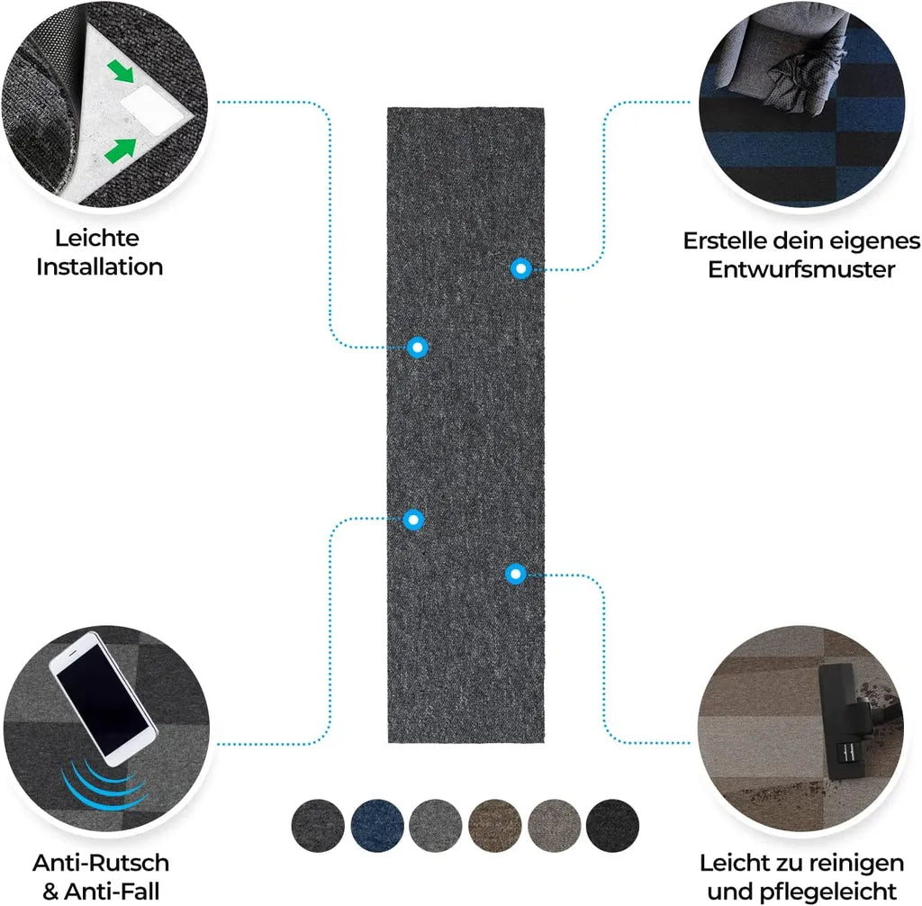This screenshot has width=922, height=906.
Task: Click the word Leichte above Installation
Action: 97,239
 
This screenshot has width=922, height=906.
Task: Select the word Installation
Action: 99,267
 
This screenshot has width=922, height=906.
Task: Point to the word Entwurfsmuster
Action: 801,269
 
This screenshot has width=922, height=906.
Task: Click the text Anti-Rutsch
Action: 101,863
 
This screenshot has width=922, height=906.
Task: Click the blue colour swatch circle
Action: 377,825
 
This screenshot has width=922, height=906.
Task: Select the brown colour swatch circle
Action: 495,825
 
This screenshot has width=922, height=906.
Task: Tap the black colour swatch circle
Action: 612,825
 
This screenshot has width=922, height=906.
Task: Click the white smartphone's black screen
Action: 104,701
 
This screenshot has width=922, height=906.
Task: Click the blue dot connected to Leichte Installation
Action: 418,348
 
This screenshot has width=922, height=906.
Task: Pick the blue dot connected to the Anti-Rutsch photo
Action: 413,520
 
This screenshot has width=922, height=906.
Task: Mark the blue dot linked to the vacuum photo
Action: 516,574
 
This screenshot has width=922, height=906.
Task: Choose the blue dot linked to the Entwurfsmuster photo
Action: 521,269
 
